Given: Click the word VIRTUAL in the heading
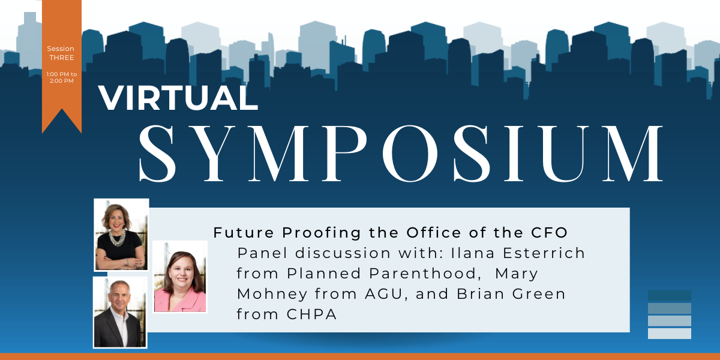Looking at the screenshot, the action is [x=178, y=98].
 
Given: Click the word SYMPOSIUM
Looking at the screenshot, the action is [x=401, y=154].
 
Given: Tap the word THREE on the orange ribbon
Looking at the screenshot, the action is [x=61, y=58].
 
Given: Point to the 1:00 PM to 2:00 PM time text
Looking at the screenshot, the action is [x=62, y=77].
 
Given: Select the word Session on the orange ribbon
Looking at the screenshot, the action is [x=61, y=49].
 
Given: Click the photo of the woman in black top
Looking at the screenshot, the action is [x=121, y=235].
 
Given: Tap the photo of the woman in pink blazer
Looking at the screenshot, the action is [x=180, y=277].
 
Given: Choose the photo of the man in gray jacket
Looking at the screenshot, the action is [x=120, y=313].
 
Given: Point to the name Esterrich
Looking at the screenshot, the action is [x=544, y=253].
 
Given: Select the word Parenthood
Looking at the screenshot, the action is [x=422, y=274].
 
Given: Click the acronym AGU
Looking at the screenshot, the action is [x=384, y=294].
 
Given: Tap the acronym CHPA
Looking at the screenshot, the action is [x=311, y=314].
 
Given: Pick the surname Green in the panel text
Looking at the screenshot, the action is [x=539, y=294].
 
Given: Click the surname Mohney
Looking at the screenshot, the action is [x=272, y=294].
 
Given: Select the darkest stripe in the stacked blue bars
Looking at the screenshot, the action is [x=670, y=296].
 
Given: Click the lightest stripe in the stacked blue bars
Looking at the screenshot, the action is [x=670, y=334].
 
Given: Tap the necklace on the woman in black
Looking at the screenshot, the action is [x=118, y=238].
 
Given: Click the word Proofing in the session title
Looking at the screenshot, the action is [x=322, y=233].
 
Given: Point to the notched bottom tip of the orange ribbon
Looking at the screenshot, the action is [x=62, y=109].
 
